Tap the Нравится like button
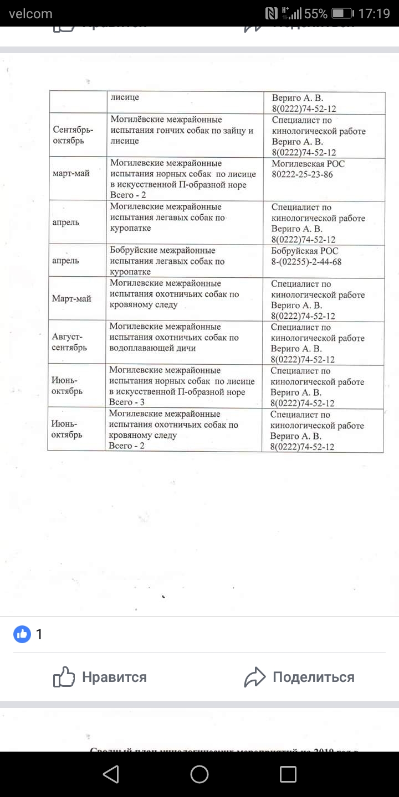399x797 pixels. click(100, 677)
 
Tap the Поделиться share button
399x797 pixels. click(299, 677)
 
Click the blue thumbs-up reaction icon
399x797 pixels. click(22, 634)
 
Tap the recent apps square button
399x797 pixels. click(288, 774)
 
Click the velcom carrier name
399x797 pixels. click(30, 13)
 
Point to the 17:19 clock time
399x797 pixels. click(375, 13)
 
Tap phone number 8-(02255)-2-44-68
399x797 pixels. click(306, 261)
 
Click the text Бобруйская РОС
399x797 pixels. click(305, 251)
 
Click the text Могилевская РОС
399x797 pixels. click(308, 164)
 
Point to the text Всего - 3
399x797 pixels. click(127, 402)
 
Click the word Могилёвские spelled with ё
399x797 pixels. click(138, 120)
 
